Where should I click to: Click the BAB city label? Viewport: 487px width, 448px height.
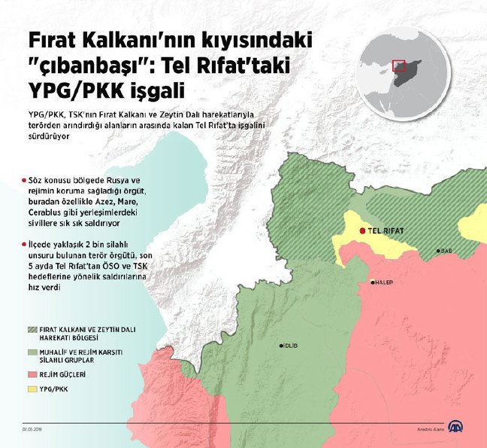click(446, 251)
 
